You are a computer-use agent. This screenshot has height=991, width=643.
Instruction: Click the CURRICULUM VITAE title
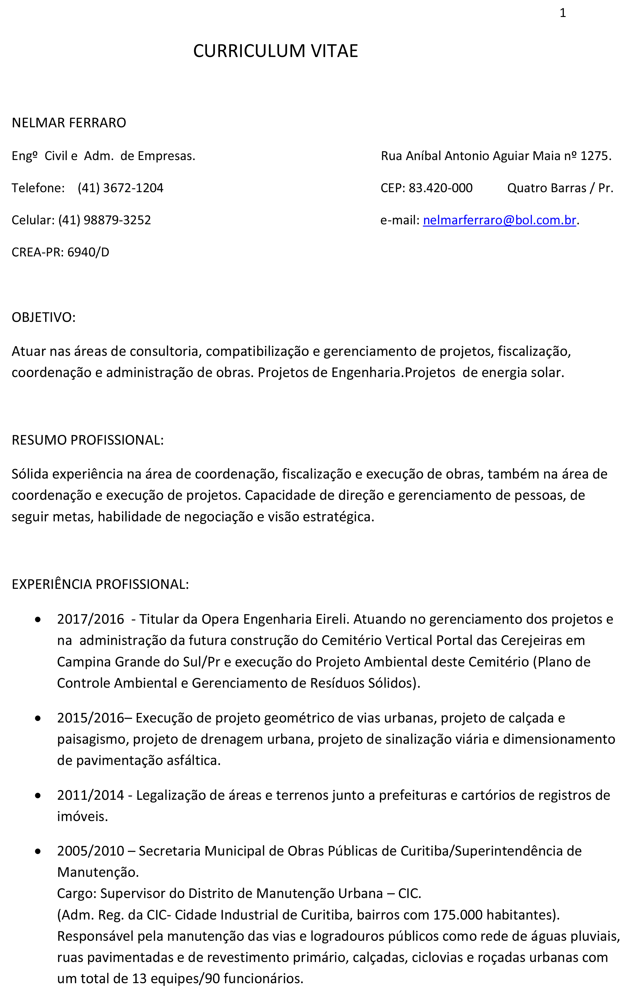(x=275, y=51)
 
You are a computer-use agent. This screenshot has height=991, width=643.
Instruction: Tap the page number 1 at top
(x=563, y=14)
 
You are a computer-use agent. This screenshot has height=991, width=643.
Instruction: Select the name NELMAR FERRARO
(x=69, y=123)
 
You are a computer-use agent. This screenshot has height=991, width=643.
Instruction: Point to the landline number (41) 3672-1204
(x=120, y=188)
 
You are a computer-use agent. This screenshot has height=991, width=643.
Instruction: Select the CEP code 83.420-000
(x=441, y=188)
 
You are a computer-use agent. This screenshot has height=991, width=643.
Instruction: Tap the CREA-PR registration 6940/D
(x=88, y=252)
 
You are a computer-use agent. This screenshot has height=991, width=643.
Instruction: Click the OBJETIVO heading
(x=43, y=317)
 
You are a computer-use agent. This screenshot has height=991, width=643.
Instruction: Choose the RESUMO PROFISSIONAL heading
(x=88, y=440)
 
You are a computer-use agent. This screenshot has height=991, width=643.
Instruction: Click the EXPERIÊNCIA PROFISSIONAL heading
(x=100, y=584)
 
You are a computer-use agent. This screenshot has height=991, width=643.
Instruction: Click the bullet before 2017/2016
(x=38, y=619)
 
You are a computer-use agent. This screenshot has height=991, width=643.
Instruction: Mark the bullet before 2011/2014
(x=38, y=795)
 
